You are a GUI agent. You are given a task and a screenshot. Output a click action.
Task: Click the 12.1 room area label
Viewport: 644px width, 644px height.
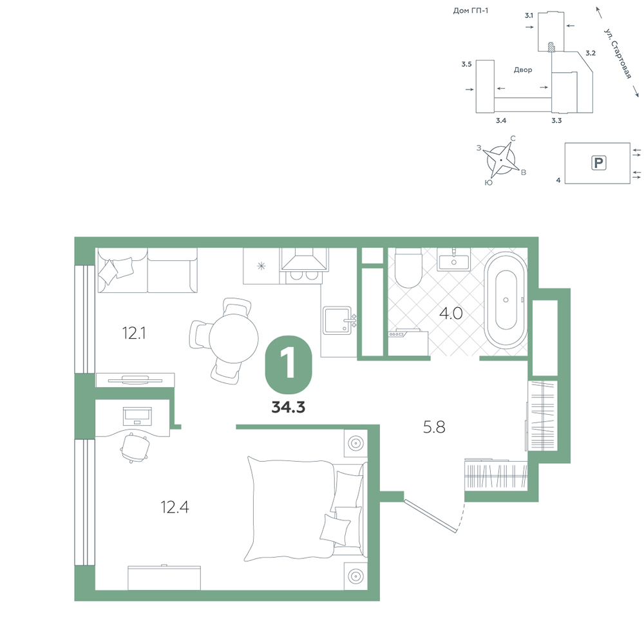coord(134,333)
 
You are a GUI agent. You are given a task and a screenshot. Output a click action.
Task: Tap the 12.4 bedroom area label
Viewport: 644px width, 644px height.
coord(175,507)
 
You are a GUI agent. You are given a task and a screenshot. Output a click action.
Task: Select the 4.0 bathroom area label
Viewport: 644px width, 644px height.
coord(451,314)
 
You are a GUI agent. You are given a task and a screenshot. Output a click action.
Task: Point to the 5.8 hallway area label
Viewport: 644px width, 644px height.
coord(434,427)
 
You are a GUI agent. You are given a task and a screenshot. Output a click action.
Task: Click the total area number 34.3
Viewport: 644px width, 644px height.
coord(289,407)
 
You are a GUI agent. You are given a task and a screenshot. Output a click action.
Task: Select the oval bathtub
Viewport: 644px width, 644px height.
coord(506,300)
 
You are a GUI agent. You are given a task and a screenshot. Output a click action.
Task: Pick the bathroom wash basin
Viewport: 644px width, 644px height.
coord(453,260)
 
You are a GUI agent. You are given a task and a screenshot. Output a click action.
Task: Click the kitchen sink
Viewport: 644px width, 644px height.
coord(337,320)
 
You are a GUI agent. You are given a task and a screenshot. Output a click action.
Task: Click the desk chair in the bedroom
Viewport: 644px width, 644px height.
coord(135,448)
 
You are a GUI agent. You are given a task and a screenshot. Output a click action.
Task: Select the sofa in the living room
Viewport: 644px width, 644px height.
coord(147,270)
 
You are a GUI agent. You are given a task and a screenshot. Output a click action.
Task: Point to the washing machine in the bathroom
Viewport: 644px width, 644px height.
coord(408,343)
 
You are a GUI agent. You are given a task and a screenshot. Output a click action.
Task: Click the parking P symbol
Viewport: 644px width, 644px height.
coord(598,163)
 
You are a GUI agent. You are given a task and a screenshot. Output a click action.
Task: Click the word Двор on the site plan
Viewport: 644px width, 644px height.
coord(523,70)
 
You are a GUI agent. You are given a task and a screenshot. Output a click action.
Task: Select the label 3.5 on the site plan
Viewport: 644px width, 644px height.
coord(466,64)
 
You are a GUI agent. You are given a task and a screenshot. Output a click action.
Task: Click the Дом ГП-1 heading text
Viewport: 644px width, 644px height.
coord(471,11)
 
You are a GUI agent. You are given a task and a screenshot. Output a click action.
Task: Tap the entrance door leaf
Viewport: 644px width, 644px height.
coord(430,515)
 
